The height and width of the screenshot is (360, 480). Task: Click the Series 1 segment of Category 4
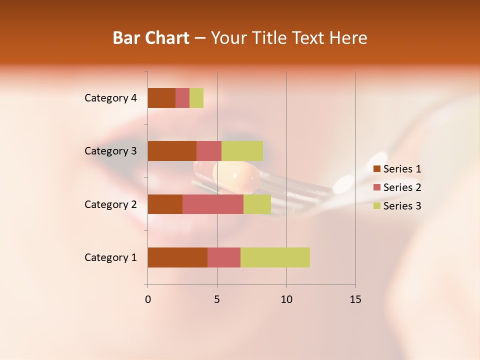[x=161, y=98]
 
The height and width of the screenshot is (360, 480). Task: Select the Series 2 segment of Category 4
[x=182, y=98]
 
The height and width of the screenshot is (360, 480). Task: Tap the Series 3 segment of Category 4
[x=196, y=98]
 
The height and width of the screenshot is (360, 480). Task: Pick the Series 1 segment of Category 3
[x=172, y=151]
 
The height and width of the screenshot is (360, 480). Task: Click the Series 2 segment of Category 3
[x=209, y=151]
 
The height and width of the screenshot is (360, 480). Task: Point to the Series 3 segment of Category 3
[x=242, y=151]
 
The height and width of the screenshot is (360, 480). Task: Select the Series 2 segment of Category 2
[x=213, y=204]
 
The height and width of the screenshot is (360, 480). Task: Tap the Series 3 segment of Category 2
[x=257, y=204]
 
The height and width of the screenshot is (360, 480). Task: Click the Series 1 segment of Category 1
[x=177, y=257]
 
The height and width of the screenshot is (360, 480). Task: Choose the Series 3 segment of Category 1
[x=275, y=257]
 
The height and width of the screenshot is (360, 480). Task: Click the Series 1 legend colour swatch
[x=376, y=169]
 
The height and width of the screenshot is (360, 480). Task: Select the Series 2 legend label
[x=402, y=187]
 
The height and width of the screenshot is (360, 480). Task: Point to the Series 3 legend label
[x=402, y=206]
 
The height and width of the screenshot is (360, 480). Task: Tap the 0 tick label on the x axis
[x=148, y=299]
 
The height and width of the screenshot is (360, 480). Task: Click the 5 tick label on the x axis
[x=217, y=299]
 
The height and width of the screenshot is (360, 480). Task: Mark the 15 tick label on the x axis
[x=355, y=299]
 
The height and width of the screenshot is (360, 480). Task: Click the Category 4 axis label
[x=110, y=98]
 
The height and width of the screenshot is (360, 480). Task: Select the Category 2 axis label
[x=110, y=204]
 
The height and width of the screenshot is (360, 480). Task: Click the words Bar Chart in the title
[x=151, y=38]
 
